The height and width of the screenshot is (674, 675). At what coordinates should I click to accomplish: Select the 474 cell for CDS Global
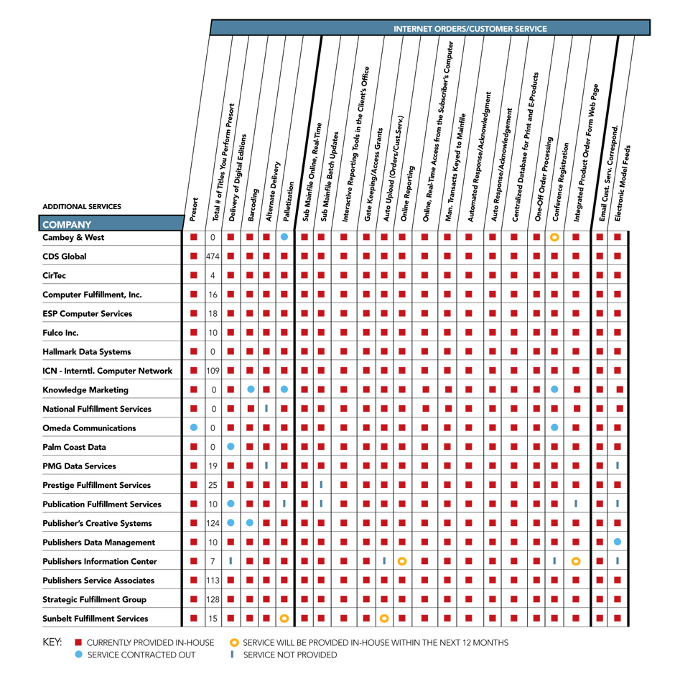pos(213,257)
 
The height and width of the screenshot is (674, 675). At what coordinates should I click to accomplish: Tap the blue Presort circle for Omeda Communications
pos(194,428)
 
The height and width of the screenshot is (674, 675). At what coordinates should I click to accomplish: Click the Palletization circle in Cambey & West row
pos(284,237)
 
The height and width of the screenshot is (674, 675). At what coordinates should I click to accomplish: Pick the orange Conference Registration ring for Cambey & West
pos(554,237)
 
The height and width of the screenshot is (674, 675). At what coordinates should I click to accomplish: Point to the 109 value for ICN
pos(213,371)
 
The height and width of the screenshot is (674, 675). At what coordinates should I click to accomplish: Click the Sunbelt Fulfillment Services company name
pos(95,619)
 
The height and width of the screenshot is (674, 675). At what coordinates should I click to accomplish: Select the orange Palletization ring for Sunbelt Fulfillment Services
pos(284,618)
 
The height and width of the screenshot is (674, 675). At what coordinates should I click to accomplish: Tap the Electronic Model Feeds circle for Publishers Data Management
pos(618,542)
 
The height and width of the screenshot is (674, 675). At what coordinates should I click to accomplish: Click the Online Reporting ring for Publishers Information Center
pos(402,561)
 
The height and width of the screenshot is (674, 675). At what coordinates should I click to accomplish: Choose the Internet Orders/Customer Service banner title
pos(470,29)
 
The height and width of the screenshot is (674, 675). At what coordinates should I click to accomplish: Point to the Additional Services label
pos(82,207)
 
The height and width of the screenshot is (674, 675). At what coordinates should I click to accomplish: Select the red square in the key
pos(79,642)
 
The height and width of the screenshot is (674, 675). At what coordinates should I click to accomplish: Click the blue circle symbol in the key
pos(79,655)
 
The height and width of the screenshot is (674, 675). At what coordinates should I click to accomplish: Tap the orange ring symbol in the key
pos(235,642)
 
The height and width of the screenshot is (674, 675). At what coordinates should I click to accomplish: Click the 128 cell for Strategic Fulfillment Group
pos(213,599)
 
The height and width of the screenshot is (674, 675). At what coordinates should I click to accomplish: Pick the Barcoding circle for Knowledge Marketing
pos(251,389)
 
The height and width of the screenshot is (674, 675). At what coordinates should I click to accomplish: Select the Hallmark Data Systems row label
pos(86,352)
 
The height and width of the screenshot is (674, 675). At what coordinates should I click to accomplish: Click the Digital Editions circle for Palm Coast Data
pos(231,447)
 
